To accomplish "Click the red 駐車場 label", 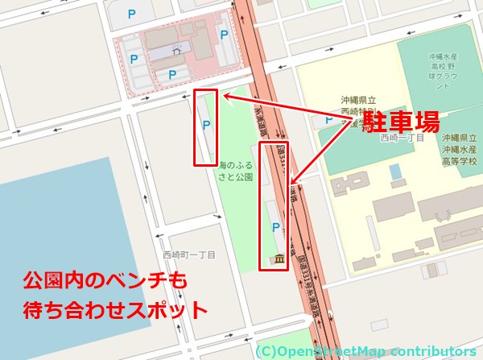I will [399, 122].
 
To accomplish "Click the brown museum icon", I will [278, 259].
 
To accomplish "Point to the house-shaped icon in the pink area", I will [176, 52].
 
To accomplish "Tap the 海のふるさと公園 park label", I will [235, 170].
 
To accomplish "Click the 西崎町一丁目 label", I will [189, 254].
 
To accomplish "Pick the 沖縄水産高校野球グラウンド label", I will [442, 71].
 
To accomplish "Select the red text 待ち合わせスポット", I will [114, 309].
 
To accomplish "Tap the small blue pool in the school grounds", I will [394, 172].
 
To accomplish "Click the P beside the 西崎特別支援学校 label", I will [328, 120].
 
